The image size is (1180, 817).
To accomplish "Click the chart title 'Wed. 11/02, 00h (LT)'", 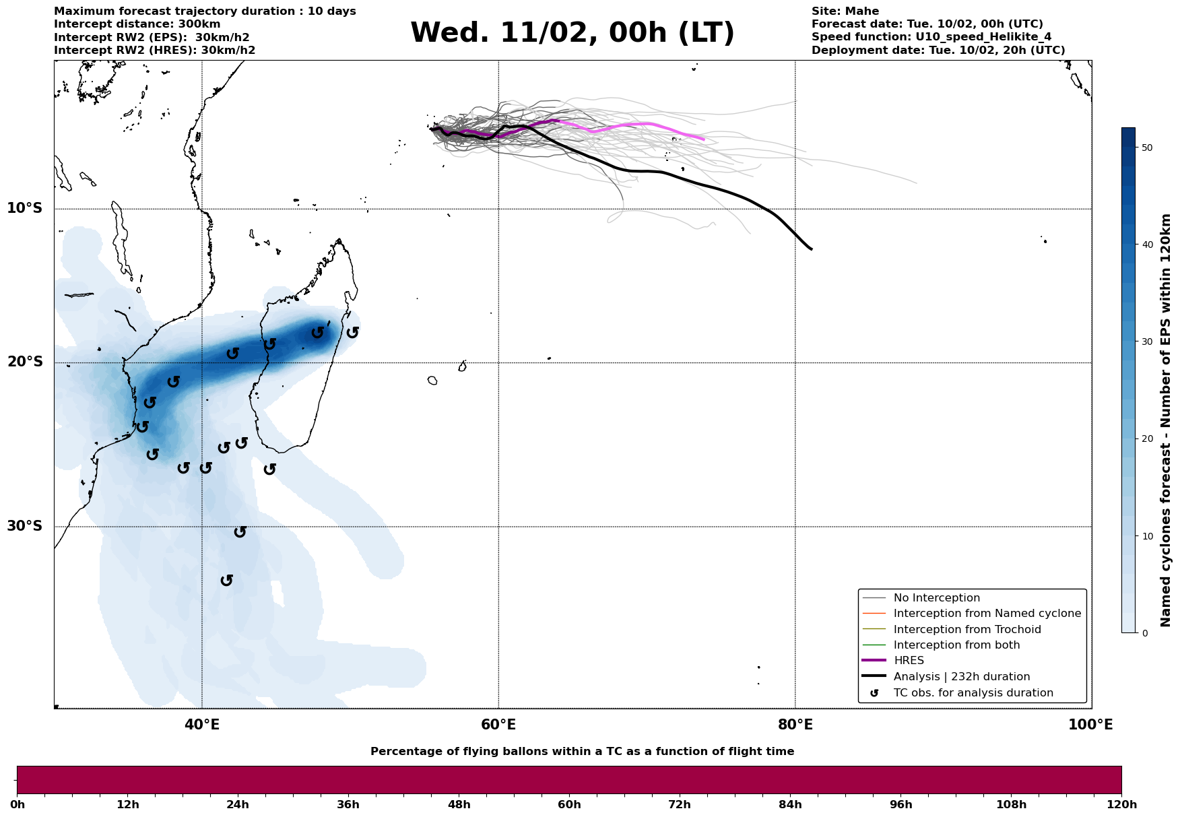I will coord(572,33).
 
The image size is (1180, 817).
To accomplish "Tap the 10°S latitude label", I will coord(25,208).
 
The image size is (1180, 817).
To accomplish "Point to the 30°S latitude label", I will coord(25,526).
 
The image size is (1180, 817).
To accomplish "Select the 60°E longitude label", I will coord(498,725).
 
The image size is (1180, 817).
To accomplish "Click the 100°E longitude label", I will coord(1090,725).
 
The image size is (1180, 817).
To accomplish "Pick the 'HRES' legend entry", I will coord(909,661).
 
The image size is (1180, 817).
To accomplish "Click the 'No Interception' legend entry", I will coord(936,598).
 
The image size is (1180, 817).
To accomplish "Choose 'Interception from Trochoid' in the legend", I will coord(966,630).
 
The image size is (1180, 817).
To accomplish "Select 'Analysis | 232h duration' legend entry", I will coord(961,677).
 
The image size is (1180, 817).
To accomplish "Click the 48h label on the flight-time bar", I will coord(459,804).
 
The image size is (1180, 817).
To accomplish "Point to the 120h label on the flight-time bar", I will coord(1121,804).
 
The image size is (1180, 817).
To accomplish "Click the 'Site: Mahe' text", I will coord(845,11).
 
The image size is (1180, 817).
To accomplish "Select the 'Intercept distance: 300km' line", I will coord(137,24).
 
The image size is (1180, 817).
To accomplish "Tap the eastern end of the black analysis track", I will coord(811,249).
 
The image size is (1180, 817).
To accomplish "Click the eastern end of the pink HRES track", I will coord(703,139).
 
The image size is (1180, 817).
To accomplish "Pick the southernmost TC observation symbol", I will coord(227,580).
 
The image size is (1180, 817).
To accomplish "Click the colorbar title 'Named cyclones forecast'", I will coord(1166,420).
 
